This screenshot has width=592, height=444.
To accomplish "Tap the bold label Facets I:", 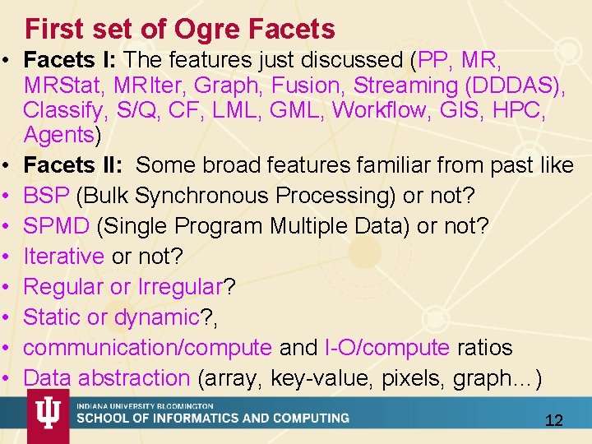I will pyautogui.click(x=72, y=61).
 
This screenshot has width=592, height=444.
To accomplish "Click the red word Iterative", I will pyautogui.click(x=63, y=257).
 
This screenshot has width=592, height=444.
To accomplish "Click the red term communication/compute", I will pyautogui.click(x=148, y=348).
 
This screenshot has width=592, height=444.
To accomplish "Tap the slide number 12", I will pyautogui.click(x=554, y=421).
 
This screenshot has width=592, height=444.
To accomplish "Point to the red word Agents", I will pyautogui.click(x=59, y=135).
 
